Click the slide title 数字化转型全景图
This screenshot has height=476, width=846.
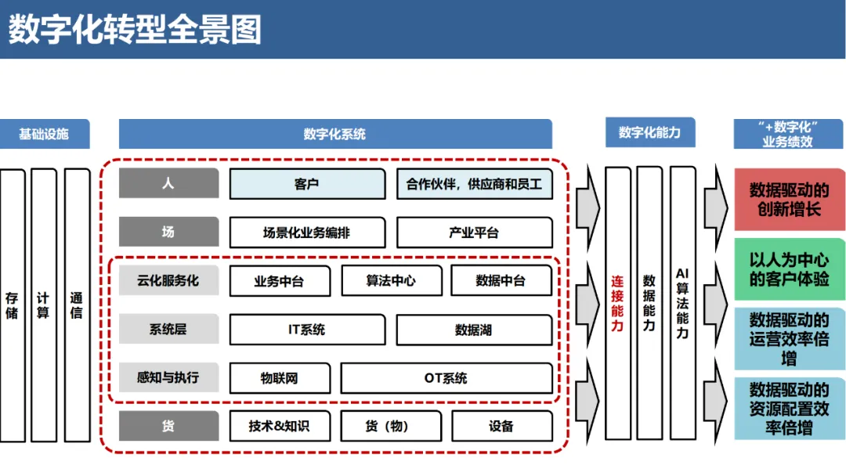[x=135, y=31]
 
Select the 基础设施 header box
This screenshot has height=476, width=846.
[x=44, y=134]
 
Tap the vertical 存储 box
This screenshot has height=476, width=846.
[x=12, y=305]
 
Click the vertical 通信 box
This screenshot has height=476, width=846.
[x=77, y=305]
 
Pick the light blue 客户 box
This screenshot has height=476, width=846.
[x=306, y=185]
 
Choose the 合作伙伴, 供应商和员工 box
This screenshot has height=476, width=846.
[x=474, y=185]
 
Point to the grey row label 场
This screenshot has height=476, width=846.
[x=168, y=233]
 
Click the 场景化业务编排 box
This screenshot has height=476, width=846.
[x=306, y=233]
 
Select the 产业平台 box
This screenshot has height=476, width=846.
[x=474, y=233]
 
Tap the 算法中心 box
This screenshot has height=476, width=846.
[x=391, y=281]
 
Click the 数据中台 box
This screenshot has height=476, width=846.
[x=501, y=281]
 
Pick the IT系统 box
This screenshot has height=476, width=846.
[x=306, y=330]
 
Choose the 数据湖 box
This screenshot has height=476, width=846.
[x=474, y=330]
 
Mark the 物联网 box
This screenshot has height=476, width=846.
[x=280, y=378]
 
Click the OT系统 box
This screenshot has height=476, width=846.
[x=446, y=378]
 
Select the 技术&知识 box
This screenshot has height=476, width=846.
[x=280, y=426]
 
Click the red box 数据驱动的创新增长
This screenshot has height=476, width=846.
[x=789, y=200]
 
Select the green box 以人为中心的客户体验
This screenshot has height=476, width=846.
[x=789, y=269]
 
